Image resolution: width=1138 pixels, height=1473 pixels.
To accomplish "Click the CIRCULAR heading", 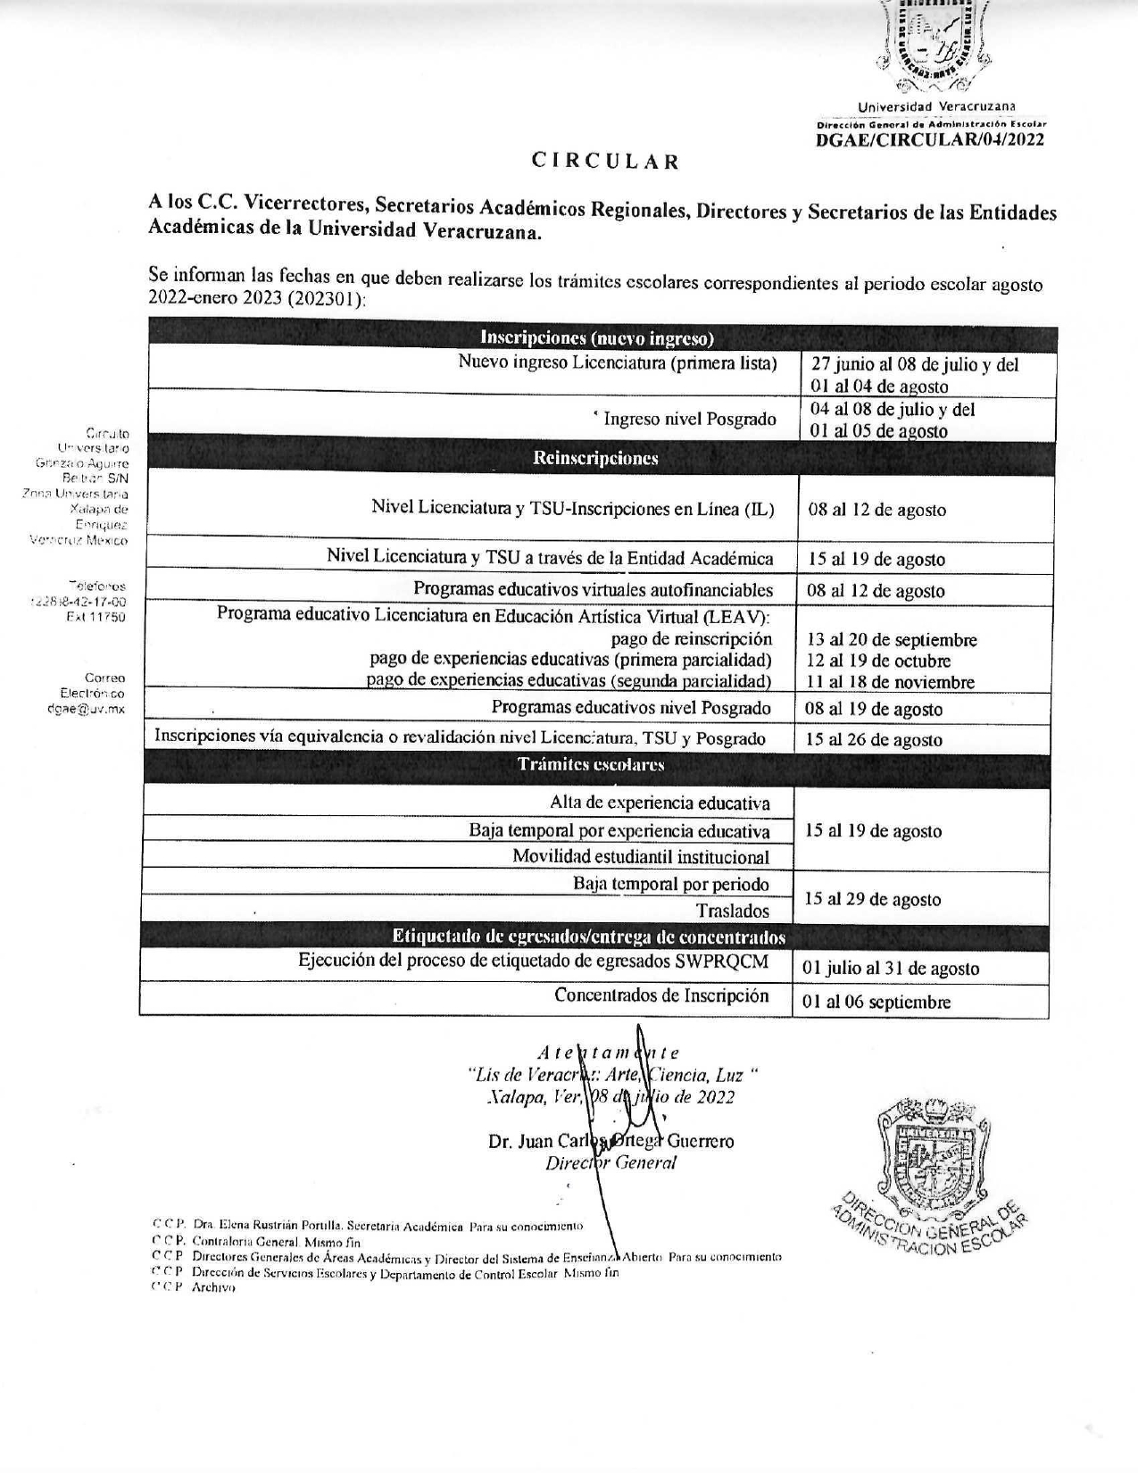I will (606, 162).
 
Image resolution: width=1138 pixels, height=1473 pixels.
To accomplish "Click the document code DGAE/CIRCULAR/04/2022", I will (930, 138).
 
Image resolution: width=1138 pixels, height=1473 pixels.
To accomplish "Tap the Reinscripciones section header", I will (595, 458).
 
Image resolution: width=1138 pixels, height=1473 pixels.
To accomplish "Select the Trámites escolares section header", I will (591, 765).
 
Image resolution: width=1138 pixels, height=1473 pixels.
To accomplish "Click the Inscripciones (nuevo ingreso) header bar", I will (597, 338).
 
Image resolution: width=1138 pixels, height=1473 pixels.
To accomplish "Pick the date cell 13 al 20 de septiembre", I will (892, 640).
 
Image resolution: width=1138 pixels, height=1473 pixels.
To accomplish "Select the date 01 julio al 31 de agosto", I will (890, 969).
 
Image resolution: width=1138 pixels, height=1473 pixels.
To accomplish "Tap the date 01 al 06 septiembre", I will (876, 1002).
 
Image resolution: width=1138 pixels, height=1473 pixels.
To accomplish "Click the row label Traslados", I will (732, 911).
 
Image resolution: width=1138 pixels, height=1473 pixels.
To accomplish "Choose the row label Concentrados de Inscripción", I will (661, 995).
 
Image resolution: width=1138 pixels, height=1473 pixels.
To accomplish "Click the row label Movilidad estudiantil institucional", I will (640, 857).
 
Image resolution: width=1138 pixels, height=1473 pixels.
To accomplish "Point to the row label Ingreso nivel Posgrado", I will (689, 419).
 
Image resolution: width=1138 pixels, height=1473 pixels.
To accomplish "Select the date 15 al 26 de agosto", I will (874, 740).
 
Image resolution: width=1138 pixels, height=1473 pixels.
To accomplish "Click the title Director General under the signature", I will (611, 1162).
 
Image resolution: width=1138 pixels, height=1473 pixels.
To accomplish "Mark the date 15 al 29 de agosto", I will (872, 900).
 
